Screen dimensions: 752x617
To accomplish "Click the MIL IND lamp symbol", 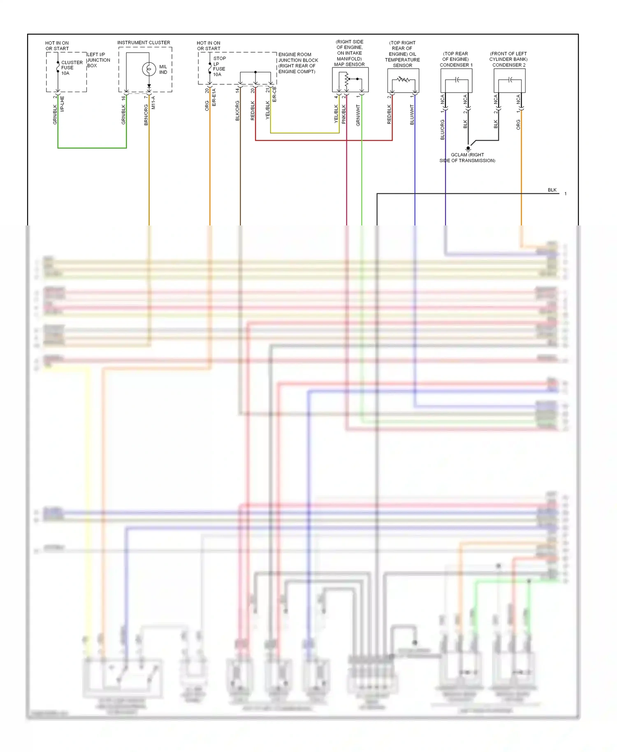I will pyautogui.click(x=148, y=69).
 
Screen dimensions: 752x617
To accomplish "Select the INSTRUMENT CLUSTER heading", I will pyautogui.click(x=144, y=42).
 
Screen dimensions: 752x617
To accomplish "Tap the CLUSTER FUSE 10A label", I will pyautogui.click(x=71, y=68).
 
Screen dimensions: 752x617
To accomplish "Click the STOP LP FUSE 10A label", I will pyautogui.click(x=219, y=66).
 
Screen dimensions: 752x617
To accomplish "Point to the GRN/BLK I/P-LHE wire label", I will pyautogui.click(x=55, y=114).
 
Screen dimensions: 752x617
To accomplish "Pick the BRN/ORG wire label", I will pyautogui.click(x=146, y=115).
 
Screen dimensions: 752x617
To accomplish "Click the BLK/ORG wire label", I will pyautogui.click(x=237, y=111).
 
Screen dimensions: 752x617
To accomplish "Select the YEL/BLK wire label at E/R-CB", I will pyautogui.click(x=267, y=110).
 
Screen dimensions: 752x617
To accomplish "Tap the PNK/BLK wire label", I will pyautogui.click(x=343, y=114).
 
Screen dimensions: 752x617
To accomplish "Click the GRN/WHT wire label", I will pyautogui.click(x=358, y=115).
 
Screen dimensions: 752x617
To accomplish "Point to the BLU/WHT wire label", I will pyautogui.click(x=412, y=115).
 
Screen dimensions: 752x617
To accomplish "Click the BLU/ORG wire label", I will pyautogui.click(x=442, y=130).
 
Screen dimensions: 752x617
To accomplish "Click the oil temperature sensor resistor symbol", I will pyautogui.click(x=403, y=79).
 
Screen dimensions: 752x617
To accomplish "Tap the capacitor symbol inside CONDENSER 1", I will pyautogui.click(x=457, y=80).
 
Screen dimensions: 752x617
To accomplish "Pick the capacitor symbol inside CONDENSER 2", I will pyautogui.click(x=510, y=80).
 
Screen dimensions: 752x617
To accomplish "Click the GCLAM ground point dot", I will pyautogui.click(x=468, y=148).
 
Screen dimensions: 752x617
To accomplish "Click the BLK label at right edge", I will pyautogui.click(x=552, y=190).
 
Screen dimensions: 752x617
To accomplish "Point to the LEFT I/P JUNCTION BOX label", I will pyautogui.click(x=98, y=60).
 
